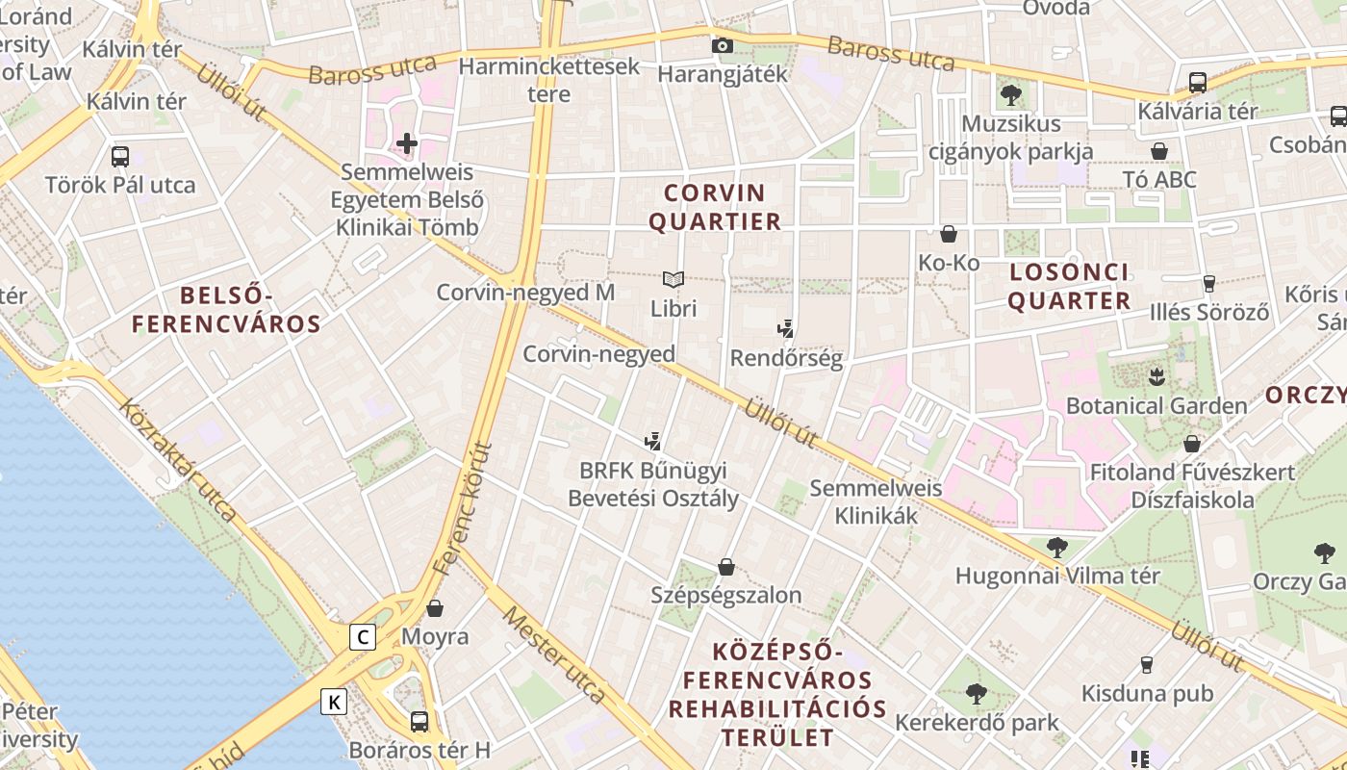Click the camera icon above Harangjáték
point(722,45)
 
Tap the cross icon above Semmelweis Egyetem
point(407,144)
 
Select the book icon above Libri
point(673,280)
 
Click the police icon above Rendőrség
point(786,329)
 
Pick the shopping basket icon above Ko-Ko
point(949,234)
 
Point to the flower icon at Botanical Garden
point(1156,374)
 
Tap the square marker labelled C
point(363,637)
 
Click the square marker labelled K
point(334,703)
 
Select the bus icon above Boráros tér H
point(419,721)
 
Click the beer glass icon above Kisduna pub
point(1146,664)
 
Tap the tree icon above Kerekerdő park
point(977,693)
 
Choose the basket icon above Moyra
point(435,608)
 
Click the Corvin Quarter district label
point(714,207)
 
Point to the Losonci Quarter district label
point(1070,286)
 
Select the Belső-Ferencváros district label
point(226,309)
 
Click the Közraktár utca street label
point(177,458)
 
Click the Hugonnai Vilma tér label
point(1057,576)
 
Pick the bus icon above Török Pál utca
point(120,156)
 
